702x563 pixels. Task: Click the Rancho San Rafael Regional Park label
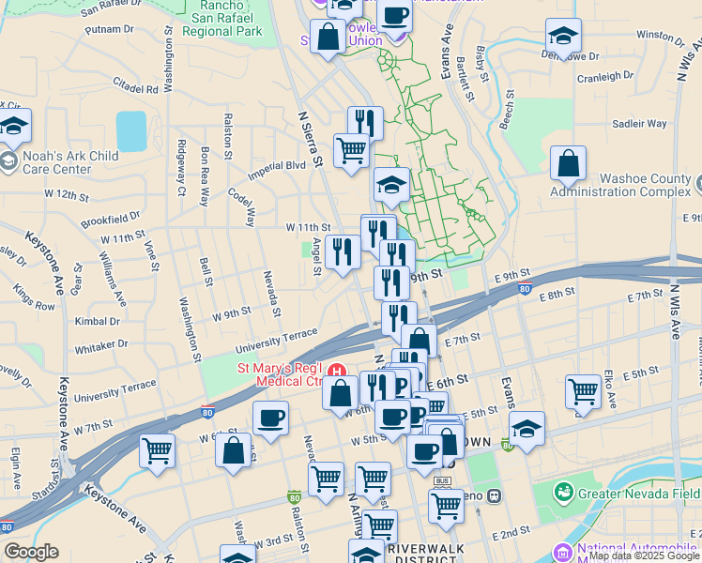(221, 18)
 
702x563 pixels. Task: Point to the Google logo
(32, 552)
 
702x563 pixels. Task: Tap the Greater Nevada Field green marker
(563, 491)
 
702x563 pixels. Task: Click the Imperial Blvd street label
(277, 170)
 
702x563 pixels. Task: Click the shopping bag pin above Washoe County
(569, 164)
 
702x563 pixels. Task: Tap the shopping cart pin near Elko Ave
(584, 391)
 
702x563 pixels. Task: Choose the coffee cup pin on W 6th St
(270, 418)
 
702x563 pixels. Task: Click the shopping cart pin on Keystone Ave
(157, 450)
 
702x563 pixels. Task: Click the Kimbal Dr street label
(98, 321)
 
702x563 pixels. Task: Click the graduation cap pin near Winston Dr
(562, 37)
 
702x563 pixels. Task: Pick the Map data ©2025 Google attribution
(644, 555)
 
